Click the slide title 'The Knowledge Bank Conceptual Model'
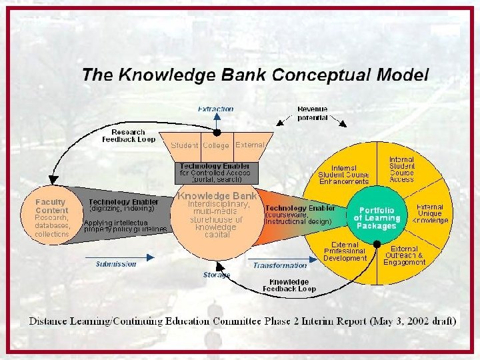[x=255, y=75]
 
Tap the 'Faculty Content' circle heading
[x=51, y=206]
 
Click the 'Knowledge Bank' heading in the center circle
[x=217, y=196]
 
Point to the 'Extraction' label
[x=215, y=109]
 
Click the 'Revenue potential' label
[x=312, y=113]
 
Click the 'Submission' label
[x=116, y=264]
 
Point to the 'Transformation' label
[x=280, y=265]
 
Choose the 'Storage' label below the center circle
[x=216, y=275]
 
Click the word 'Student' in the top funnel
[x=185, y=145]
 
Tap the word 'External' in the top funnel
[x=250, y=145]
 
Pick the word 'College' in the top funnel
[x=216, y=145]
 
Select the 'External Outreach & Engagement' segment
[x=404, y=255]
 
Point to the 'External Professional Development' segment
[x=345, y=251]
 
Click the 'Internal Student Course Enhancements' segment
[x=343, y=175]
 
